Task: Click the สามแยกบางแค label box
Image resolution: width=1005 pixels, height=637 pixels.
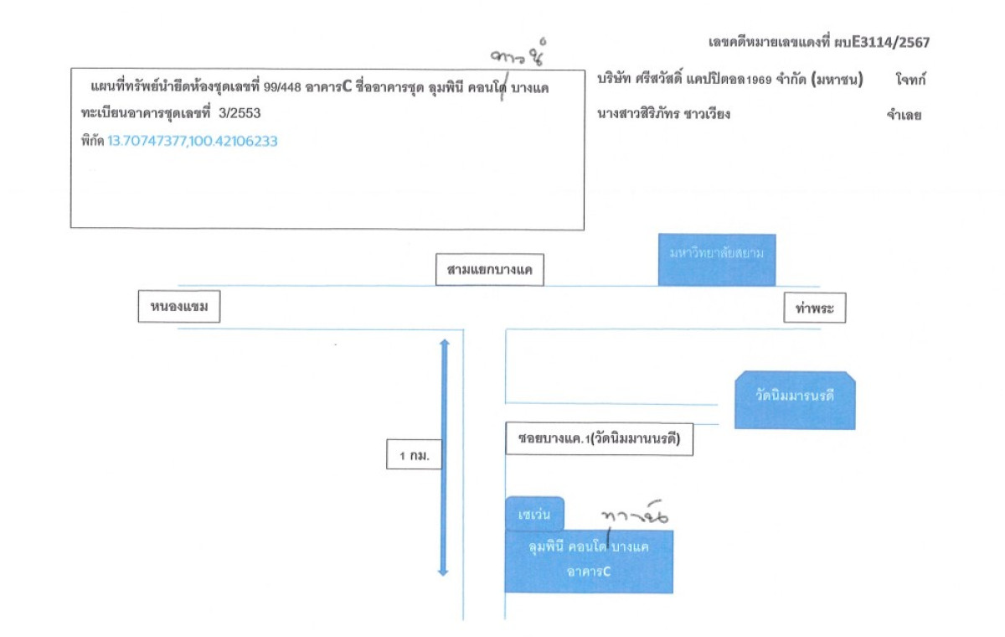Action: [490, 271]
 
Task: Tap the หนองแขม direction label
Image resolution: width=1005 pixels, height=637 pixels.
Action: [179, 308]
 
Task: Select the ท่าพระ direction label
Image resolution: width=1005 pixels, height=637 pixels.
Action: [815, 309]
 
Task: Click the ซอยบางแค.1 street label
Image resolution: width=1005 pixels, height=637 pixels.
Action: [600, 440]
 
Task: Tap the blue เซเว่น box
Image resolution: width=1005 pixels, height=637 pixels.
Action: [534, 514]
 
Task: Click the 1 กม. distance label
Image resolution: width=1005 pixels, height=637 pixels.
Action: [415, 456]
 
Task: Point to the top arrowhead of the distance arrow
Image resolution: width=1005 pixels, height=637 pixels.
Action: [444, 344]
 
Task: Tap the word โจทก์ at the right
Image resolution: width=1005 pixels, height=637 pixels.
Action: [909, 80]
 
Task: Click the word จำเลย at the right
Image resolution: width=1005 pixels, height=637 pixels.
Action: [904, 116]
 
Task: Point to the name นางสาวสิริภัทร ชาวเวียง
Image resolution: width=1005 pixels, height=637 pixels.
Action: [663, 114]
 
